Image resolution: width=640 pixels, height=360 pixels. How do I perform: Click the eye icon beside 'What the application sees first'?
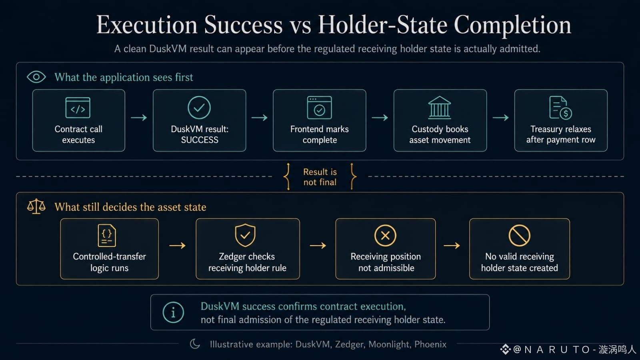pos(36,77)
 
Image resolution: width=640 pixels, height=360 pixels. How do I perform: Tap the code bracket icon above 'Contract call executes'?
pos(78,108)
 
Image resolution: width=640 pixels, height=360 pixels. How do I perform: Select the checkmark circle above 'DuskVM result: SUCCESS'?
pos(199,108)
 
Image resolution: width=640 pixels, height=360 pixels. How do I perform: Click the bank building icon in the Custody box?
pos(440,108)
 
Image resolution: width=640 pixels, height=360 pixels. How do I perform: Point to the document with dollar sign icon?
pos(560,108)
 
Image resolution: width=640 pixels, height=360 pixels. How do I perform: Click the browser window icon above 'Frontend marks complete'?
pos(320,108)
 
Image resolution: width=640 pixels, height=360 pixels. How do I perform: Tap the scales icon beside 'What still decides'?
pos(36,206)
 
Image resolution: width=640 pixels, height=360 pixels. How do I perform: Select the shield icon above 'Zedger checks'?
pos(245,236)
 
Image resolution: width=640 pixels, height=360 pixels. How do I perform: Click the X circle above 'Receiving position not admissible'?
pos(385,236)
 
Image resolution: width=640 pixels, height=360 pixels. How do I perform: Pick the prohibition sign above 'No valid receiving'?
pos(520,236)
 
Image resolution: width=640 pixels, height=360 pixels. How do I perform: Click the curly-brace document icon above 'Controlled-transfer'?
pos(106,236)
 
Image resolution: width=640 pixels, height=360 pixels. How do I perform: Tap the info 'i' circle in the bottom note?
pos(173,312)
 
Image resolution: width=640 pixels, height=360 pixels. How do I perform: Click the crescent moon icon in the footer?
pos(195,344)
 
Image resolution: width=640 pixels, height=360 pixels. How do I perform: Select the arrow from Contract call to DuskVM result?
pos(139,118)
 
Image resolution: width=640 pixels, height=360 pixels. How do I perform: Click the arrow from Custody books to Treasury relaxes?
pos(500,118)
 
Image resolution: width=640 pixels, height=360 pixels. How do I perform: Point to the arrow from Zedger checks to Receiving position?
pos(318,246)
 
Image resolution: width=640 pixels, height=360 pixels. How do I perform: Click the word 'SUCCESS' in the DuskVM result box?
pos(200,140)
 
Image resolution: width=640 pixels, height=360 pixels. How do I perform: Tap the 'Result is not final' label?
pos(320,177)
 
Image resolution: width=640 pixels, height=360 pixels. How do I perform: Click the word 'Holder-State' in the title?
pos(383,25)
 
